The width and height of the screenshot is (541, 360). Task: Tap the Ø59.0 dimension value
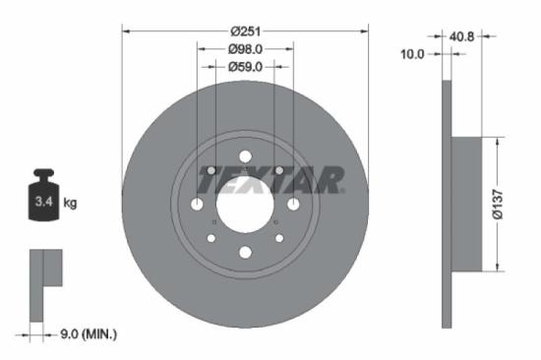244,70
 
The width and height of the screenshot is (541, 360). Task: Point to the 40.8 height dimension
461,38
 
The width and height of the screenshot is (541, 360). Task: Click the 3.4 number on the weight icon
41,203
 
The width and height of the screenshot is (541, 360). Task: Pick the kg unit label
70,203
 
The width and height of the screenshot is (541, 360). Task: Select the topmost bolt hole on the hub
244,155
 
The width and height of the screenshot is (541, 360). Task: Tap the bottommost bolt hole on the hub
244,254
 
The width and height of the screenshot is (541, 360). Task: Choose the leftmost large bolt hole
197,205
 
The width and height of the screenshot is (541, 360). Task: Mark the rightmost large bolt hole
291,205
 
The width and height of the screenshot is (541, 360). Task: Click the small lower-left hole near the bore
210,238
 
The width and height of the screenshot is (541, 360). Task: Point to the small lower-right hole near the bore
278,238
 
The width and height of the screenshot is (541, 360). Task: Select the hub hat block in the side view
465,204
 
